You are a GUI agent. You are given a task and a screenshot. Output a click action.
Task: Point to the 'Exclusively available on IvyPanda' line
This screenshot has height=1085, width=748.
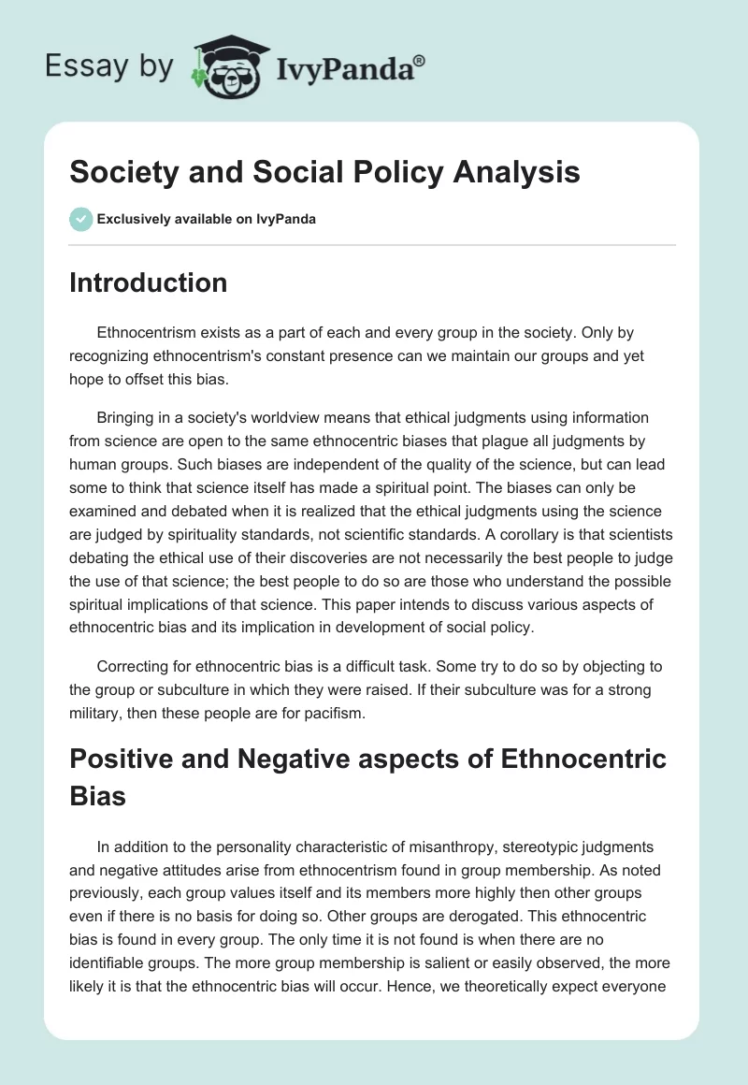[207, 219]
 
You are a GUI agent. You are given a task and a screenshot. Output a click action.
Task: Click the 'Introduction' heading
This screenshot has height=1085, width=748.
[148, 282]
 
